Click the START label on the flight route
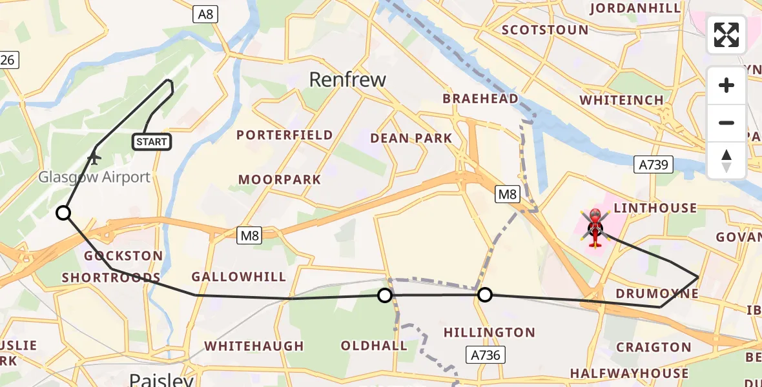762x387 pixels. pyautogui.click(x=152, y=142)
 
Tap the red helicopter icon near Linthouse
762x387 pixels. pyautogui.click(x=595, y=227)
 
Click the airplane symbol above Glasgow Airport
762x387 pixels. pyautogui.click(x=94, y=156)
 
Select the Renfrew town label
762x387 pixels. pyautogui.click(x=347, y=79)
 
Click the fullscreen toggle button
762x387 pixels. pyautogui.click(x=726, y=35)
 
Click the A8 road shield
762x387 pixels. pyautogui.click(x=205, y=14)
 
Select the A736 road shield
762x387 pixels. pyautogui.click(x=485, y=354)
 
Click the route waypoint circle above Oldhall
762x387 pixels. pyautogui.click(x=385, y=295)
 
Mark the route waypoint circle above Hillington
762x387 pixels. pyautogui.click(x=484, y=295)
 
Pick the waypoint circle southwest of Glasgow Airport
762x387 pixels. pyautogui.click(x=63, y=213)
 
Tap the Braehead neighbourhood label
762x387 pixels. pyautogui.click(x=480, y=99)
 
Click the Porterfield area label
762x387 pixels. pyautogui.click(x=285, y=135)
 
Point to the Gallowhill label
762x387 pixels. pyautogui.click(x=239, y=277)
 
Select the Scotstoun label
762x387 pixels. pyautogui.click(x=545, y=30)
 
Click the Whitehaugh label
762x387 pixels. pyautogui.click(x=254, y=346)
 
